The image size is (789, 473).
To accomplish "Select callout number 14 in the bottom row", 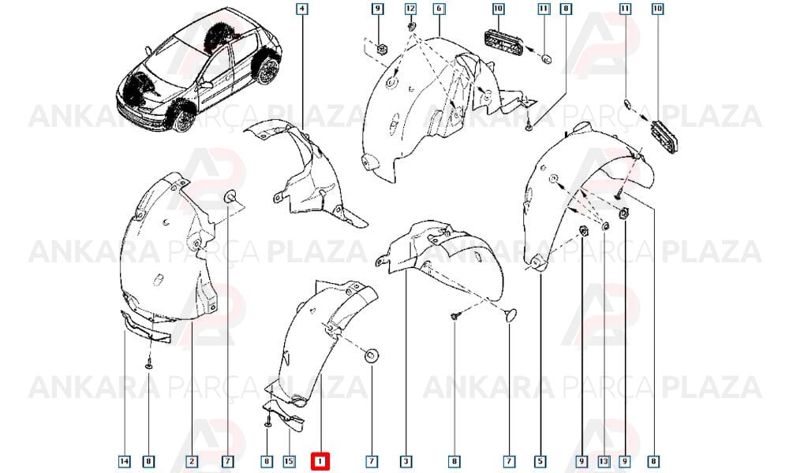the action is click(125, 461).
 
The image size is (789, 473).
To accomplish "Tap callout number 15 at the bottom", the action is click(289, 461).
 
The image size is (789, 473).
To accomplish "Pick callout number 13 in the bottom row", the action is click(604, 461).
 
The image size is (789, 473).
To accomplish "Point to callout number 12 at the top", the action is click(410, 9).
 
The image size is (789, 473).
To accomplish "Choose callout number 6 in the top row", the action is click(439, 9).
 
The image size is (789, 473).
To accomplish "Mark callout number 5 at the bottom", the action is click(540, 461).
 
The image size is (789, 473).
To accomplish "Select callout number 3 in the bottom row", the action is click(406, 461).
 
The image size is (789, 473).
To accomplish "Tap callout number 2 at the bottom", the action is click(191, 461).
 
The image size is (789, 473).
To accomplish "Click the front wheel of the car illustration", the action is click(183, 117).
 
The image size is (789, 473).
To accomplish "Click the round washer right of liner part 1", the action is click(372, 355).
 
